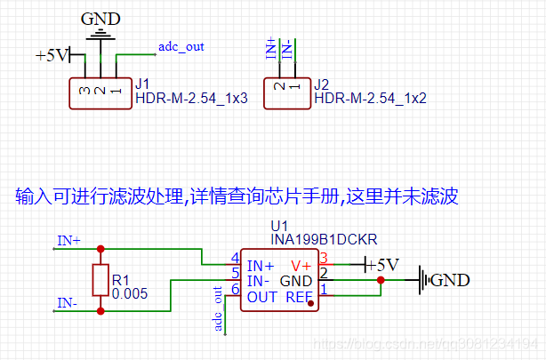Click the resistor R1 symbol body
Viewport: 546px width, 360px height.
click(100, 279)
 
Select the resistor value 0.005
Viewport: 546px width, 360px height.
click(129, 292)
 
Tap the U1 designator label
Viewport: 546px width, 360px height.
click(280, 226)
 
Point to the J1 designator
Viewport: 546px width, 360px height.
click(142, 84)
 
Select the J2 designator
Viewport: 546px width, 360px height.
click(323, 84)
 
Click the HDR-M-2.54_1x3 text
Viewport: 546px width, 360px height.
click(189, 98)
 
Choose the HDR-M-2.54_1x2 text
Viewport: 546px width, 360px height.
click(370, 98)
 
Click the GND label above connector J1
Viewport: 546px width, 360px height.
click(102, 19)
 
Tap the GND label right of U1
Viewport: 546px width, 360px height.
click(451, 280)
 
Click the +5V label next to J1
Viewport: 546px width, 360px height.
click(52, 55)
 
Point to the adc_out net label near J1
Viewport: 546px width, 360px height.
click(181, 45)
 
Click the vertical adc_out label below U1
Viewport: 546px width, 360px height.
click(218, 308)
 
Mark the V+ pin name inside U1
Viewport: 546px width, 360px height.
click(301, 265)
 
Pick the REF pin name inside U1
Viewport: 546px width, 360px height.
click(300, 297)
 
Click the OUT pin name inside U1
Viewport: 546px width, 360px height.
click(262, 297)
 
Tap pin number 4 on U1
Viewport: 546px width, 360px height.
click(235, 259)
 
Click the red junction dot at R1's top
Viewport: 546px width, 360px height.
click(100, 249)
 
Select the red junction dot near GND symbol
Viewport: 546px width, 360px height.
click(381, 281)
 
